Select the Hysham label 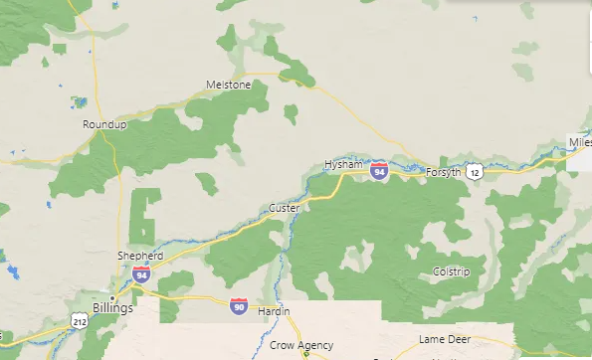click(x=340, y=165)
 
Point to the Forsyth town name click(x=443, y=172)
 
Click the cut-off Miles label click(x=580, y=143)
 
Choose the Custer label click(x=284, y=208)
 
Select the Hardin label click(x=274, y=312)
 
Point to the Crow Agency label click(x=300, y=346)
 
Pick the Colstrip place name click(x=451, y=271)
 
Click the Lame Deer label click(x=444, y=339)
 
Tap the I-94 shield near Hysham click(x=379, y=171)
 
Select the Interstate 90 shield click(x=239, y=306)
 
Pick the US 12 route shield click(x=477, y=173)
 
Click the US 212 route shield click(x=79, y=319)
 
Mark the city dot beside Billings click(x=113, y=296)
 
